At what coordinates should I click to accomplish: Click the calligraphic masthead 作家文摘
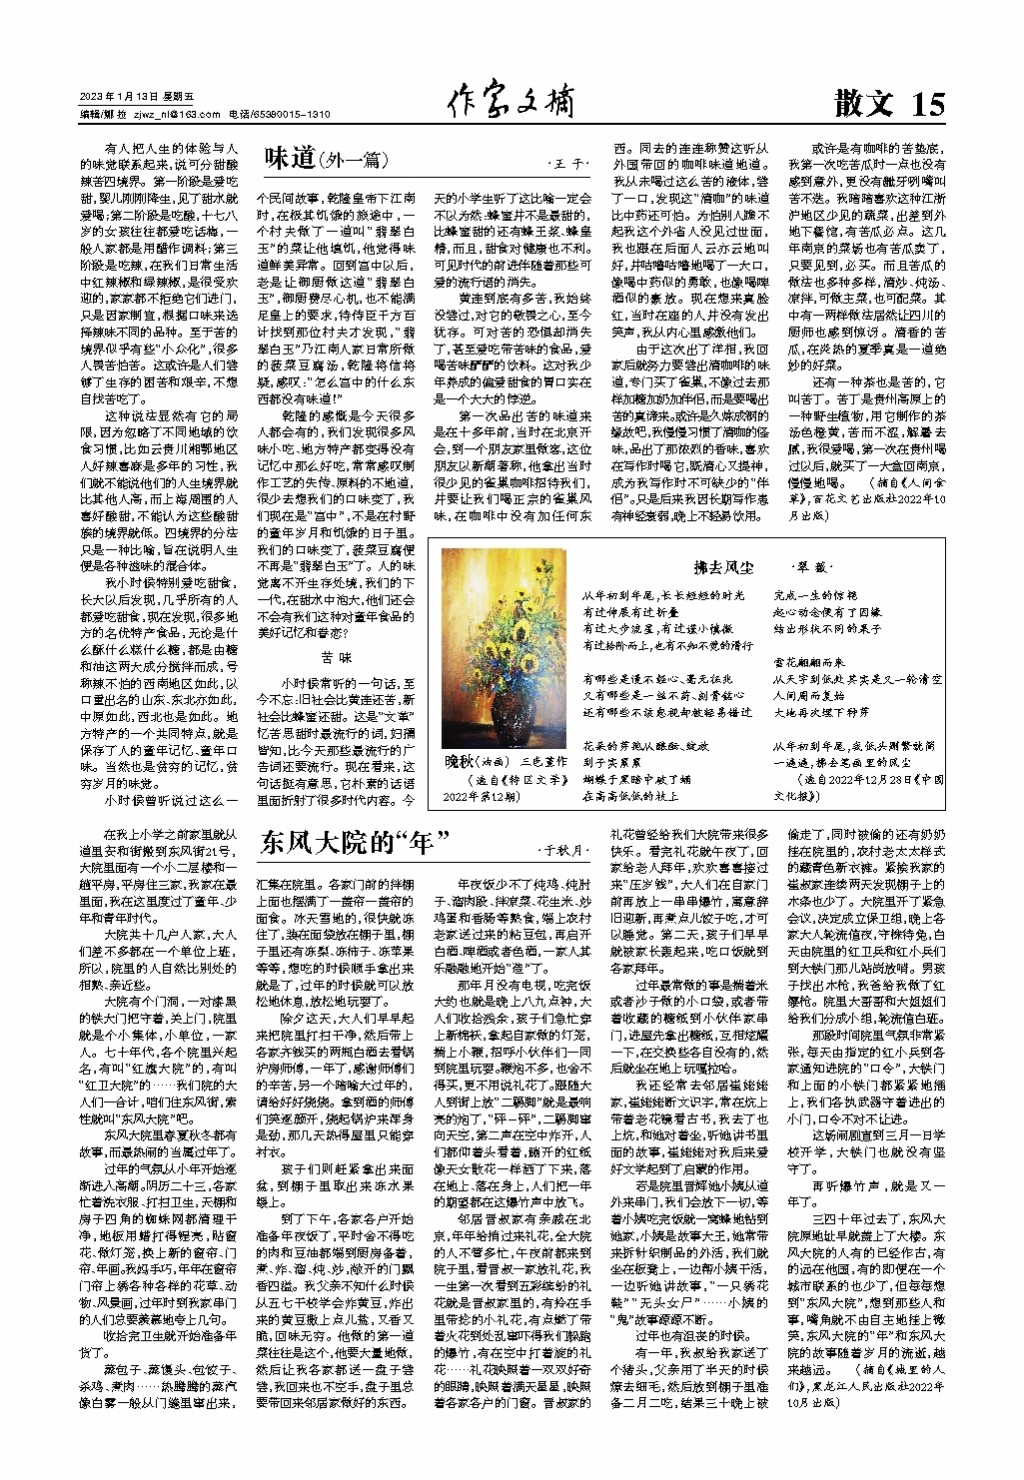511,101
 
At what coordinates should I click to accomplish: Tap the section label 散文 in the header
863,103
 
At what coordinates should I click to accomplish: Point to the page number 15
927,103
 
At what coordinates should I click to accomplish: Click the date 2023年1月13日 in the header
119,97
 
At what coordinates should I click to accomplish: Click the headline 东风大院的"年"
354,842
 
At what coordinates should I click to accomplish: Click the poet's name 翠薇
809,568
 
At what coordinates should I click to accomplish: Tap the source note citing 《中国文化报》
858,787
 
